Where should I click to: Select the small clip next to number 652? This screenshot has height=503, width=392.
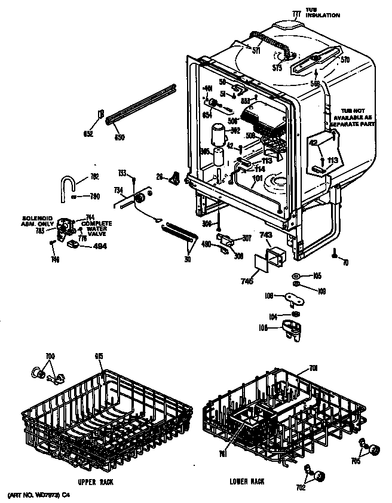point(101,114)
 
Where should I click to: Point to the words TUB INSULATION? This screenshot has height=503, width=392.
point(322,13)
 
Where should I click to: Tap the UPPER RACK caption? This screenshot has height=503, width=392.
point(96,481)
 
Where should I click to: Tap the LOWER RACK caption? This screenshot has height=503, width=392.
point(246,481)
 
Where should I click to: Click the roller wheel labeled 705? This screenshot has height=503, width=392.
point(373,449)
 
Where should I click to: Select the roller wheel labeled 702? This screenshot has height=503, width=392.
point(320,476)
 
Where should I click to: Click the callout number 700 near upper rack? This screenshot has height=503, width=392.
point(50,357)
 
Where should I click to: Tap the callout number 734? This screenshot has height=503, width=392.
point(118,190)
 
